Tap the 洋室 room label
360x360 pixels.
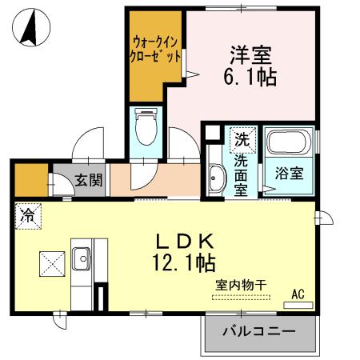[x=250, y=56]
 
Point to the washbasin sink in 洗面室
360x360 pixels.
[x=214, y=178]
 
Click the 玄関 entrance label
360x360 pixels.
[x=89, y=180]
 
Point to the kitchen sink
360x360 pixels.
[x=83, y=258]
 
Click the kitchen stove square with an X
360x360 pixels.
[x=52, y=262]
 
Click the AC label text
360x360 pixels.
[x=297, y=294]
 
